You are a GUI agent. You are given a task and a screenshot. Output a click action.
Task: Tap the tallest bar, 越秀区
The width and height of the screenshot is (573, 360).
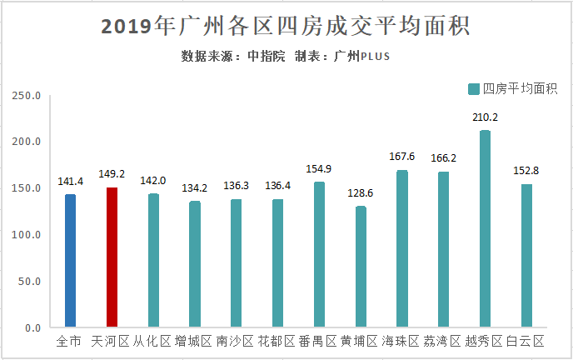click(485, 228)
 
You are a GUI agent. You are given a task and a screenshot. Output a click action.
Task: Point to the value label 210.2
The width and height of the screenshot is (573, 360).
click(485, 117)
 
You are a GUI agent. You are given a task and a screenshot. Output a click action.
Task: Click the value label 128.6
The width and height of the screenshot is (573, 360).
click(360, 193)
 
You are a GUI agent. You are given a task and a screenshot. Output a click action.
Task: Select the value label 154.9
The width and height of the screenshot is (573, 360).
click(318, 169)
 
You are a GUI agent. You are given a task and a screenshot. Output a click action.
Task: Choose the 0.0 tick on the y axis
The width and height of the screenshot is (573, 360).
click(32, 327)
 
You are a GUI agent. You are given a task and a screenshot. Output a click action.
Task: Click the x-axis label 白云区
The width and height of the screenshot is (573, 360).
click(526, 342)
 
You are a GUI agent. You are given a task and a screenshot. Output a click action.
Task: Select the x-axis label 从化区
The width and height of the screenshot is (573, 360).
click(152, 342)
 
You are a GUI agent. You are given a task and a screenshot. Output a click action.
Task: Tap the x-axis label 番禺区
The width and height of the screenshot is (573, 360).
click(318, 342)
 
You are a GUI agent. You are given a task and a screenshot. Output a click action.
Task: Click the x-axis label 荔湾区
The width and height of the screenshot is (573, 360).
click(442, 342)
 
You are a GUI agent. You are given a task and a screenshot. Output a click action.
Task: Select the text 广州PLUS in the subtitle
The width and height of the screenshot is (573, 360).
click(361, 57)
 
